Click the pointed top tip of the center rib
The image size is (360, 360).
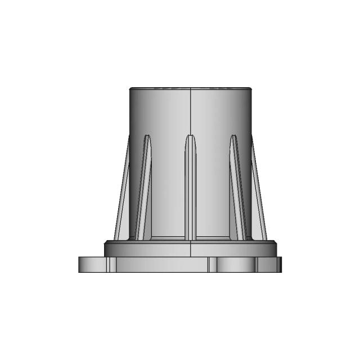tap(191, 135)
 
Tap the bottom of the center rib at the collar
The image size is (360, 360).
tap(191, 237)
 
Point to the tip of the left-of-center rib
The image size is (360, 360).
tap(147, 137)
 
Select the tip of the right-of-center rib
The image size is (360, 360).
tap(233, 137)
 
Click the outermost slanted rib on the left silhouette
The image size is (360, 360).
tap(122, 191)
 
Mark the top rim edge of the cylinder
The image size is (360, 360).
tap(190, 88)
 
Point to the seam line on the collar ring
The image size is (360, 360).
tap(191, 248)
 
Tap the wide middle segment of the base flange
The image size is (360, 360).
tap(160, 264)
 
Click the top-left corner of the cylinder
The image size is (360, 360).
tap(130, 89)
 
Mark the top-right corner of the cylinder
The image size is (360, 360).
tap(250, 89)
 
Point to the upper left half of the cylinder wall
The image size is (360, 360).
tap(160, 112)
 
